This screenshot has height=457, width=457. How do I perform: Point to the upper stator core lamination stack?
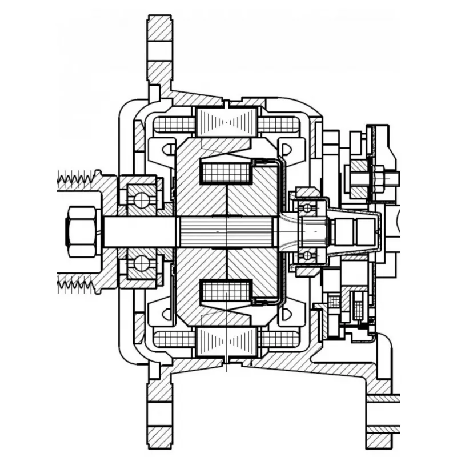point(227,123)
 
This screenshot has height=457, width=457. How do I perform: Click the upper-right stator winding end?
point(280,124)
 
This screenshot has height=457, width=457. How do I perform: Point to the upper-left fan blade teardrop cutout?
point(169,149)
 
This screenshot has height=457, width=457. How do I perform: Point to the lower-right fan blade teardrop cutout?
point(287,313)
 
